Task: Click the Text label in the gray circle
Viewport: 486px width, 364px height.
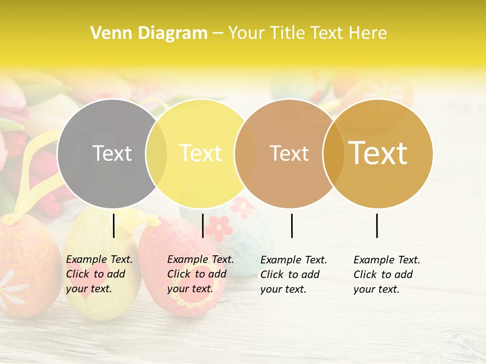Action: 112,153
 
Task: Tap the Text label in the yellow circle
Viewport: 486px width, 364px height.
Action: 201,153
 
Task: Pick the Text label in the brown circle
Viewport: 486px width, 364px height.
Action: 289,153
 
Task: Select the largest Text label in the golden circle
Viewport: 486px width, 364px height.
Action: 378,153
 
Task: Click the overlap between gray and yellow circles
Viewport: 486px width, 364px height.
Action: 156,154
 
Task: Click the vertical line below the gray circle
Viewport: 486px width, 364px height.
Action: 114,225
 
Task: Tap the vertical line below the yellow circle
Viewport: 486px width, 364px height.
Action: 202,225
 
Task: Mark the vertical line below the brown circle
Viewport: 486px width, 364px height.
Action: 292,225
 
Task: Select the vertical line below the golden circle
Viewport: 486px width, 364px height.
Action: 377,225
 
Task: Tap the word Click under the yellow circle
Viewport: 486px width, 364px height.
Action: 179,274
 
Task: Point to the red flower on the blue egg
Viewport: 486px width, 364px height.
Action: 219,227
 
